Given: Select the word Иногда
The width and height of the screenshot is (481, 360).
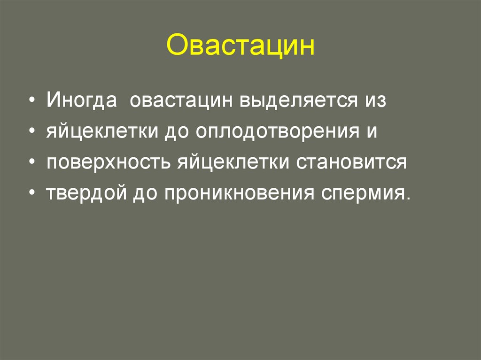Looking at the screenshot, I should click(82, 101).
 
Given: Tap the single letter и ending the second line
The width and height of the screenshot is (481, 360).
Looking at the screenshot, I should click(371, 132).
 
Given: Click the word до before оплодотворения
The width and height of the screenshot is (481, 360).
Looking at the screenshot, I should click(175, 132).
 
